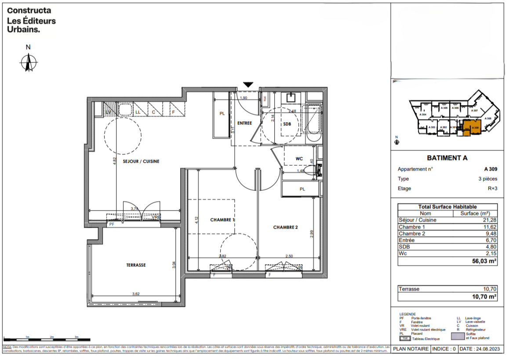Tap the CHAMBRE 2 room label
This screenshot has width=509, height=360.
285,227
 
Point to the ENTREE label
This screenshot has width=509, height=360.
244,123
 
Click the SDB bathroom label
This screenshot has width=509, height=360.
287,124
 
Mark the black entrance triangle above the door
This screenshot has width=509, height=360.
249,84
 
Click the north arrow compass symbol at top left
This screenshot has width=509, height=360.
29,62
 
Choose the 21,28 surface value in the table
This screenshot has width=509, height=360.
489,220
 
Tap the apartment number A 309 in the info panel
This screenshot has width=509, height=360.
491,169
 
